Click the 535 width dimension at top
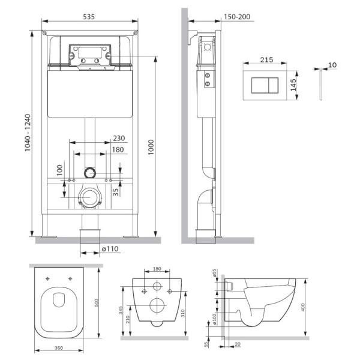pos(89,17)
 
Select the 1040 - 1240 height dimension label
pos(28,133)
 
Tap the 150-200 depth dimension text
pos(237,17)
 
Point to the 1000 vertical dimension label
pos(151,147)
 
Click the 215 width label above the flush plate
pos(266,59)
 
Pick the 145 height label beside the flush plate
pos(293,85)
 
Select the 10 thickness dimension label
pos(332,65)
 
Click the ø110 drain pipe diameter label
pos(110,248)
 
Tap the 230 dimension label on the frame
pos(119,138)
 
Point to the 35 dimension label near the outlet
pos(116,192)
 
